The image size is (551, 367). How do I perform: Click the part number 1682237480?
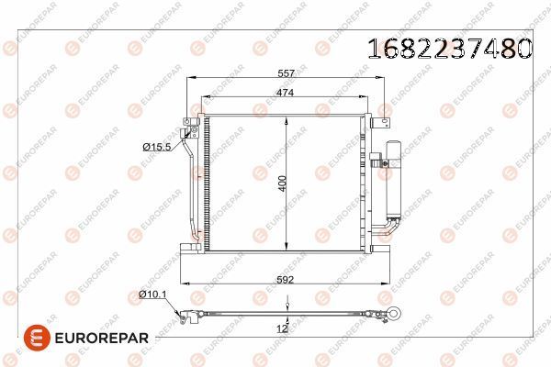point(450,49)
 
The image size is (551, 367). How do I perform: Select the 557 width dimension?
point(286,75)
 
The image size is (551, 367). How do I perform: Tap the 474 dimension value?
point(287,92)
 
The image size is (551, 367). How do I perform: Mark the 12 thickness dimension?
point(283,328)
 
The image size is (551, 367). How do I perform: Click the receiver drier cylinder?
point(396,174)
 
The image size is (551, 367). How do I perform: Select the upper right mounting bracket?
point(366,116)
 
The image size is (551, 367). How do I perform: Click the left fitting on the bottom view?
point(187,316)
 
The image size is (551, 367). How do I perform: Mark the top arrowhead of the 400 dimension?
point(287,118)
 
